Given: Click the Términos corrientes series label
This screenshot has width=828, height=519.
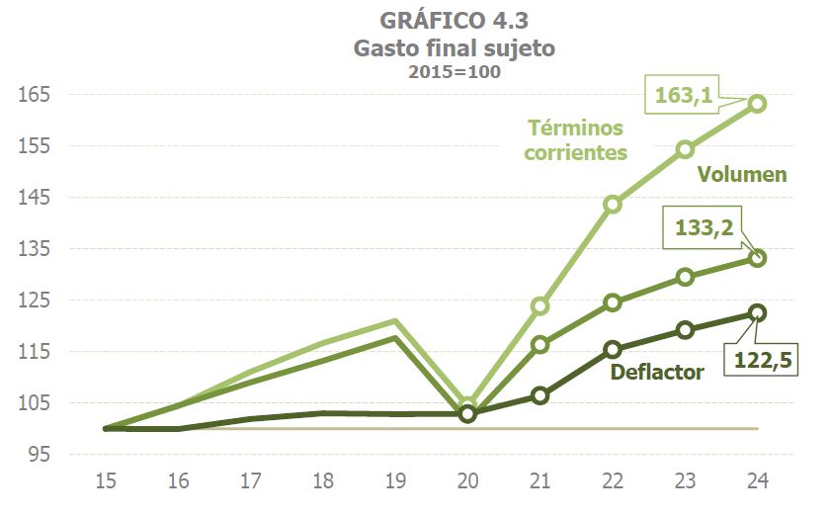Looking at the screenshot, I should coord(576,140).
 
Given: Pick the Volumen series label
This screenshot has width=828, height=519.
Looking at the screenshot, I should coord(742,175).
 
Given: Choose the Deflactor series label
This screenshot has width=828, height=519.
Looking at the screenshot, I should coord(657,372).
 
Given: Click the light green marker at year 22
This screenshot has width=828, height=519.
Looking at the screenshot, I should coord(613,204).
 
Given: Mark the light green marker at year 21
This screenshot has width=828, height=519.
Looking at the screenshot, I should coord(540,305).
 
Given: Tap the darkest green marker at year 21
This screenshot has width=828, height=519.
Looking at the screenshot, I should coord(540,395).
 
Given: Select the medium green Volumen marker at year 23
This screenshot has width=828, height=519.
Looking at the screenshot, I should coord(685,277).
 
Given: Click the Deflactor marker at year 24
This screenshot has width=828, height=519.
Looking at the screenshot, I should coord(758,312).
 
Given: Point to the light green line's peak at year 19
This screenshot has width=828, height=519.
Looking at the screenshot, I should coord(395,321).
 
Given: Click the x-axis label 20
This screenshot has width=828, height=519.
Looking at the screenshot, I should coord(467,481).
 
